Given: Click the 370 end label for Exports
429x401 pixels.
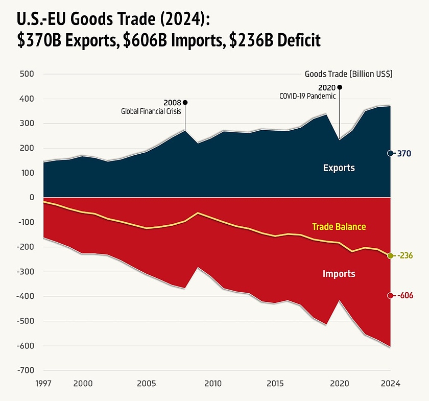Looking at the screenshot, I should coord(405,153).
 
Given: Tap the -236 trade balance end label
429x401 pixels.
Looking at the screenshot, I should coord(405,255).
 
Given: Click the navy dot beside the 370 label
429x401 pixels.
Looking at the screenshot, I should coord(390,153).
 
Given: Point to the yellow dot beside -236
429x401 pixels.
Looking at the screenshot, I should coord(390,255).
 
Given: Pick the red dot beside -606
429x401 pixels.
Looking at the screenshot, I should coord(390,296).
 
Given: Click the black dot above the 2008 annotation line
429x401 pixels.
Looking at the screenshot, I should coord(185,102).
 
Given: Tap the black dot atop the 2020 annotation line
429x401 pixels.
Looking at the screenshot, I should coord(339,87).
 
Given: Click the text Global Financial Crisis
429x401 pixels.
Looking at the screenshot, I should coord(151,111).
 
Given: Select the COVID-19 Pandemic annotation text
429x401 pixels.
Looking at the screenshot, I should coord(307,96).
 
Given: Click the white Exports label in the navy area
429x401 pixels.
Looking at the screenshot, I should coord(339,168).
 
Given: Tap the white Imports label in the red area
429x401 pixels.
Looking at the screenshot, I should coord(339,274).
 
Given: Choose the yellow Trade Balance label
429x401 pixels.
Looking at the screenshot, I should coord(339,226).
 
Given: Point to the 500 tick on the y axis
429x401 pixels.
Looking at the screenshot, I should coord(27,74).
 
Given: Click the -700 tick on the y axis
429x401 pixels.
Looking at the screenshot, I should coord(26,370).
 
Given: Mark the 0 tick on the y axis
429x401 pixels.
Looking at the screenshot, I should coord(31,198).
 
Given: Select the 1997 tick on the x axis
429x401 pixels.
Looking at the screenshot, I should coord(43,384).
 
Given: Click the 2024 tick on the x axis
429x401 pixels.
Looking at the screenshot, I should coord(391,384).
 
